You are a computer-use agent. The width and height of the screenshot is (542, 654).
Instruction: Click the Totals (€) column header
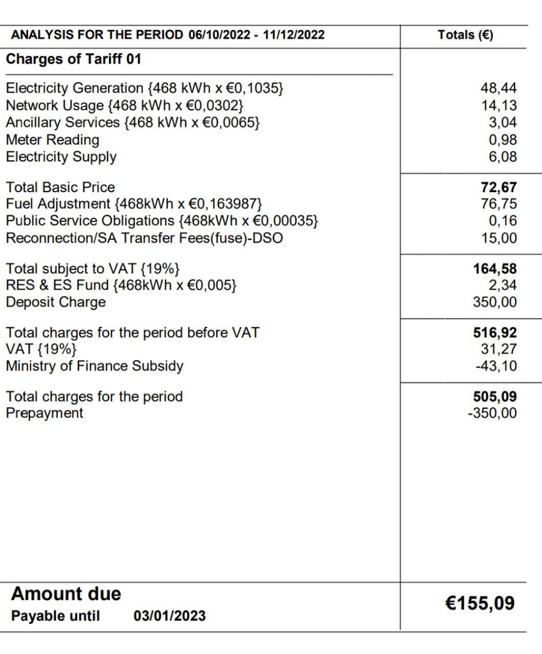click(x=465, y=35)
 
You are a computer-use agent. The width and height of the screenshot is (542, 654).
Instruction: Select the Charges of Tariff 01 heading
click(x=74, y=59)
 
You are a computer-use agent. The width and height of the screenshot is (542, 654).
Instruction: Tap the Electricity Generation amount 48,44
click(x=499, y=88)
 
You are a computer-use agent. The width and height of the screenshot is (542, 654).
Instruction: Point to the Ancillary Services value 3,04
click(x=503, y=123)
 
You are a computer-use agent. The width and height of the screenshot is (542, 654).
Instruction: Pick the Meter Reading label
click(x=53, y=140)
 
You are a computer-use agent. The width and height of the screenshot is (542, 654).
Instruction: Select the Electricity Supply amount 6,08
click(x=503, y=157)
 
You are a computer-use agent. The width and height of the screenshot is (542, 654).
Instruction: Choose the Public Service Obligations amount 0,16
click(x=503, y=221)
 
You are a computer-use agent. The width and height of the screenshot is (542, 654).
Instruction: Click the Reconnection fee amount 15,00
click(x=499, y=238)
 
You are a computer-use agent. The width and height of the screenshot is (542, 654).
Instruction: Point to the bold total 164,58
click(x=495, y=269)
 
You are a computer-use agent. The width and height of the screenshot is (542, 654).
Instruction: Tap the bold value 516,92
click(x=495, y=333)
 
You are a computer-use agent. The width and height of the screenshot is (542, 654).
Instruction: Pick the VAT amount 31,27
click(x=499, y=349)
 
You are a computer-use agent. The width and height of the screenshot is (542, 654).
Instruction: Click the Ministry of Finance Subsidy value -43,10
click(x=496, y=366)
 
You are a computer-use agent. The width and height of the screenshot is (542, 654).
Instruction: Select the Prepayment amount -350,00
click(x=492, y=413)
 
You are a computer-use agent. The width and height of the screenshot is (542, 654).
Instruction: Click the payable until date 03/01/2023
click(x=170, y=616)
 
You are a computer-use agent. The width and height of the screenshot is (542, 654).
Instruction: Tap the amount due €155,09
click(x=480, y=603)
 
